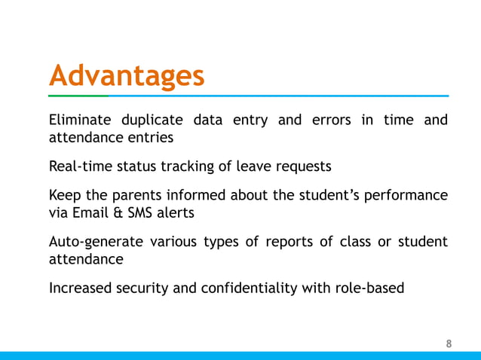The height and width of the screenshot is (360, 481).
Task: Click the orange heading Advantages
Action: (126, 76)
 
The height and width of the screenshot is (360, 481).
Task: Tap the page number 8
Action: (449, 344)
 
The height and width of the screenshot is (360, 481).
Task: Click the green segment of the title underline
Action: (78, 96)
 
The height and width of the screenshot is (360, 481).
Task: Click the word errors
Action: (328, 121)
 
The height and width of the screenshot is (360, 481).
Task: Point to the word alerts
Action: (177, 212)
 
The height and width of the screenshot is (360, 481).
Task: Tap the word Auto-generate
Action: (91, 242)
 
